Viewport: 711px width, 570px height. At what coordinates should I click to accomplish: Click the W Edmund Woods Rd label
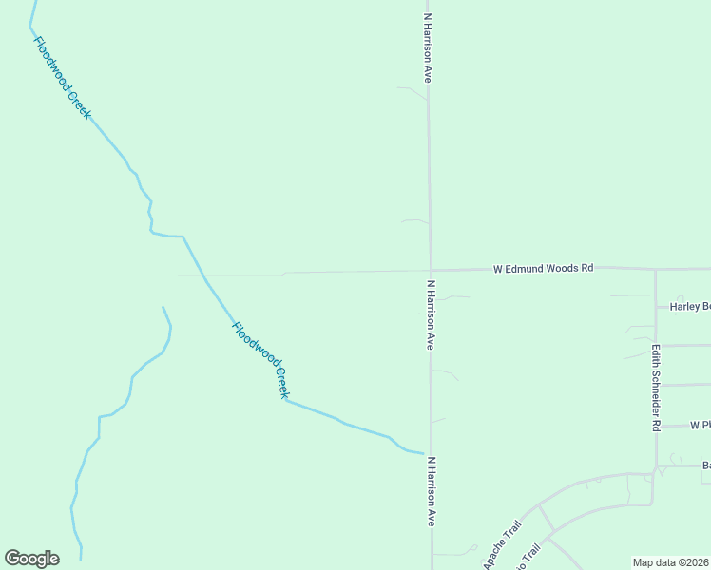point(543,269)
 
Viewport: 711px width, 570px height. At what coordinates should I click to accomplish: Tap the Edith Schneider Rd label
point(656,388)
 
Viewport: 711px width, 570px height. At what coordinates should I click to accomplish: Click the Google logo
point(31,559)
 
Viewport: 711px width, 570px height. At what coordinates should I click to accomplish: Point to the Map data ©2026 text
point(671,562)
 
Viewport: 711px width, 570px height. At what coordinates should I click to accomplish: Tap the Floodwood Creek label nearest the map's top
point(63,77)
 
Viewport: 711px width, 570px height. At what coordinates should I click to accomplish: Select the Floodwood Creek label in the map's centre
point(260,360)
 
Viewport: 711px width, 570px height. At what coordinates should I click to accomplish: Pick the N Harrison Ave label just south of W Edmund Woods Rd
point(431,314)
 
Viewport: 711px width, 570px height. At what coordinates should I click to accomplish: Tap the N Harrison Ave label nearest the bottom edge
point(431,491)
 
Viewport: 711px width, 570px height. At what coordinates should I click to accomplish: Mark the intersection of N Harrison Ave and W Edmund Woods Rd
point(431,270)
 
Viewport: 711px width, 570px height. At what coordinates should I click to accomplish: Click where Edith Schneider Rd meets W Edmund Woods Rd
point(655,270)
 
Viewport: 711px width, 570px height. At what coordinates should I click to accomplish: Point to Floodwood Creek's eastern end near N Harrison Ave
point(423,453)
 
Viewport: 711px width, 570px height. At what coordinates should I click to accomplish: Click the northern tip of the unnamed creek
point(163,307)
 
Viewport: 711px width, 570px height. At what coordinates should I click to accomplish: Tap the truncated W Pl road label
point(700,425)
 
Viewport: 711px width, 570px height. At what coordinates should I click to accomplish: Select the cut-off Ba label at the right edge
point(706,465)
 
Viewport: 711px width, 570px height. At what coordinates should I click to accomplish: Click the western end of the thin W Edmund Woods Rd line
point(152,275)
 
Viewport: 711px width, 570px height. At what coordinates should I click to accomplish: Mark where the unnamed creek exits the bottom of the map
point(81,560)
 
